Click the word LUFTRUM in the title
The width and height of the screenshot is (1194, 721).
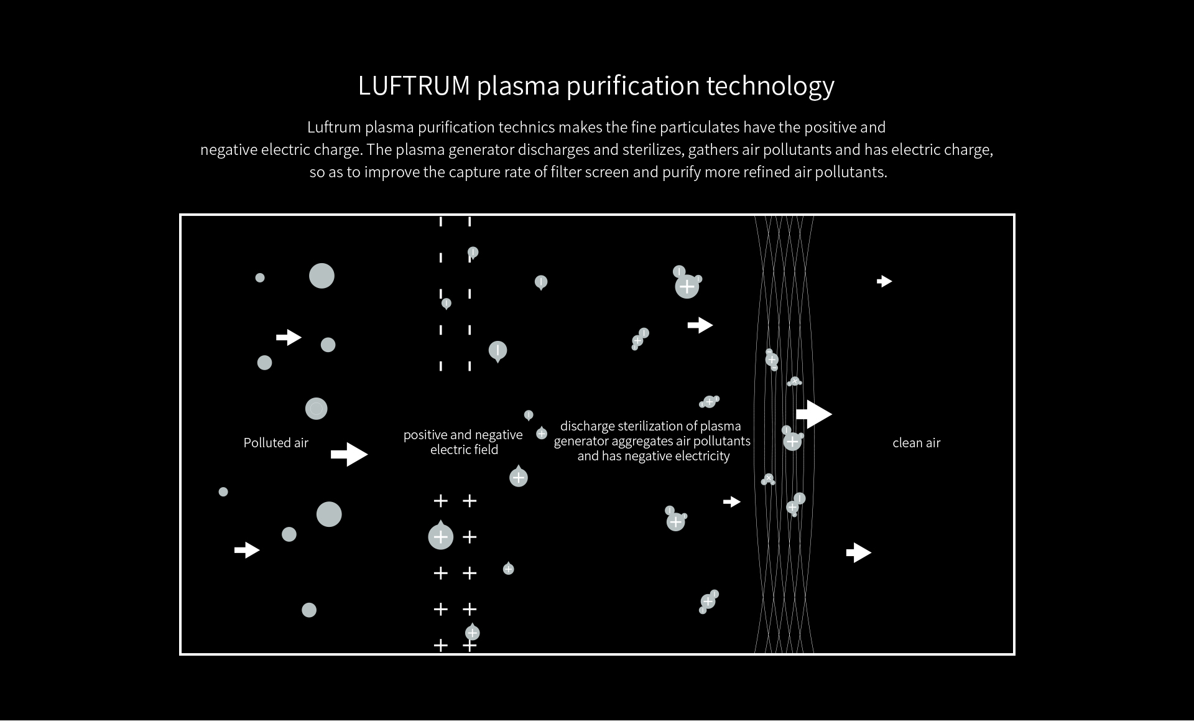(414, 86)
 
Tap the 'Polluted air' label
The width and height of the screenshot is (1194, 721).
(276, 443)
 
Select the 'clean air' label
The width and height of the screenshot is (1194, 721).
(917, 443)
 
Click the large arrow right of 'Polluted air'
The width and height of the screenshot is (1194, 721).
(349, 454)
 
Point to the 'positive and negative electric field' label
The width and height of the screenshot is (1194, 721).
(463, 442)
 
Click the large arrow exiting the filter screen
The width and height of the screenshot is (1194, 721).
(814, 414)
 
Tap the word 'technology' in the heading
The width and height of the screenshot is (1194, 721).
(771, 86)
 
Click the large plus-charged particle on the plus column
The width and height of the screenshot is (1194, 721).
(441, 536)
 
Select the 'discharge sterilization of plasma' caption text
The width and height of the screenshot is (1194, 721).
(650, 426)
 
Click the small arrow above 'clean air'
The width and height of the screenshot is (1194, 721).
(884, 281)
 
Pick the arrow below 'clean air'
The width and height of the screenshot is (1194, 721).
(859, 552)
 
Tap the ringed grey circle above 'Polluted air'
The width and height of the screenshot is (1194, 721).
(317, 409)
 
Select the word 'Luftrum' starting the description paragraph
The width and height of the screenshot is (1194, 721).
(334, 128)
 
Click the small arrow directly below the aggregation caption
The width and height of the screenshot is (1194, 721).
(732, 501)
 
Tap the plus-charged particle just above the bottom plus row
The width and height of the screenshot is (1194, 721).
(473, 631)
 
